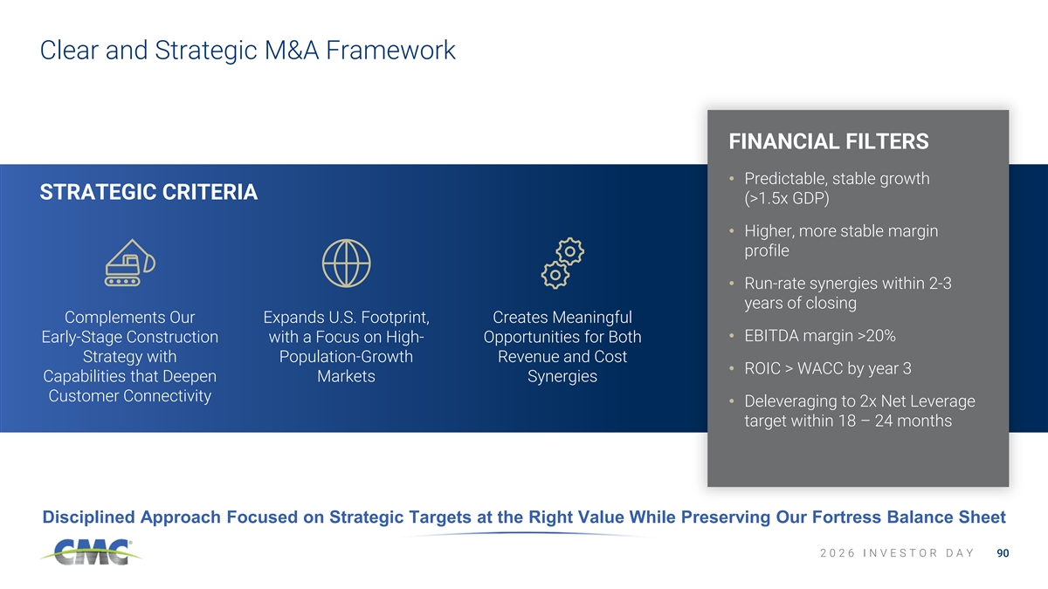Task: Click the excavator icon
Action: [x=129, y=263]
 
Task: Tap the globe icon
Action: [x=346, y=264]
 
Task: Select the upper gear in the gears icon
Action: [x=569, y=251]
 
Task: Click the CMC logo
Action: [x=90, y=552]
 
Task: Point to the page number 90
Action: [x=1003, y=553]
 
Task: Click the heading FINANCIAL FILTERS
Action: [x=829, y=141]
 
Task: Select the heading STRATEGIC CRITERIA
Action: [x=148, y=192]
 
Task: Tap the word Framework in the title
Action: [x=390, y=50]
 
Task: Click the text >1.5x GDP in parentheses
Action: [x=787, y=198]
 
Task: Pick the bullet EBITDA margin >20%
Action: [x=820, y=336]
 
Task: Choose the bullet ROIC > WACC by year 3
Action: [x=828, y=368]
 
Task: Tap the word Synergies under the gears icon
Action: [x=562, y=376]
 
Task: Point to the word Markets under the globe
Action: [x=346, y=376]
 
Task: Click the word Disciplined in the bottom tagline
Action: [x=89, y=517]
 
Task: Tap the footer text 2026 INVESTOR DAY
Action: [x=897, y=553]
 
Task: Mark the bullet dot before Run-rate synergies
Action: [x=732, y=284]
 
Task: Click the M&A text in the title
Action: [x=292, y=50]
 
